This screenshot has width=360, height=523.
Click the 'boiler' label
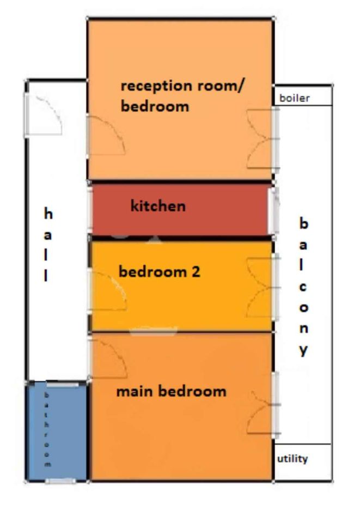(x=294, y=98)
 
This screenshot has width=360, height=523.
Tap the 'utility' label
(x=292, y=459)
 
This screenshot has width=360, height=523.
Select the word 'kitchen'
(x=158, y=205)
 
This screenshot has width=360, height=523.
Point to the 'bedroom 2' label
(x=160, y=271)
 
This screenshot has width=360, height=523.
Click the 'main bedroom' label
(x=172, y=391)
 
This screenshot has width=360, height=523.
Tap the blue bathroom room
(x=57, y=431)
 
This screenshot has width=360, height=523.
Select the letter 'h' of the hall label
(x=48, y=213)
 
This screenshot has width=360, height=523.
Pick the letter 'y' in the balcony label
(x=303, y=350)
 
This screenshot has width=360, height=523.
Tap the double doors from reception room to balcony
(x=261, y=139)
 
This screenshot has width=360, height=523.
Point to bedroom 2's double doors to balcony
(x=261, y=288)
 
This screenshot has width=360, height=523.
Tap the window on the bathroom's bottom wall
(x=60, y=481)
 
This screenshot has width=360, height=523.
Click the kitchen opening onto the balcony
(x=273, y=211)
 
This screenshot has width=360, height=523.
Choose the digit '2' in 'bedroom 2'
(x=196, y=271)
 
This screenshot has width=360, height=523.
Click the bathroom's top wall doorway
(x=62, y=385)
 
